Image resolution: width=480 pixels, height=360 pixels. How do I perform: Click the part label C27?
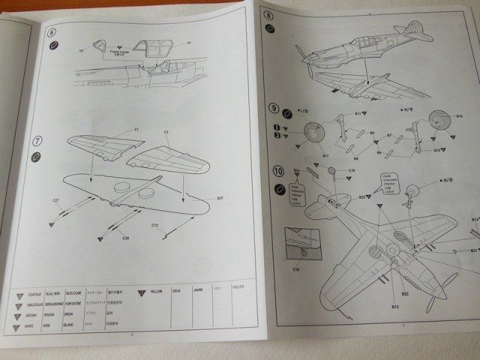click(56, 200)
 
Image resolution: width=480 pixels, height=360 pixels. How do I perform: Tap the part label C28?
click(125, 237)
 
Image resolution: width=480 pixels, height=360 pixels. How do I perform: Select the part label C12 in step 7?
click(154, 224)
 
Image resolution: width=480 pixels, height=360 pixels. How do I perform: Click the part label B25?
click(220, 198)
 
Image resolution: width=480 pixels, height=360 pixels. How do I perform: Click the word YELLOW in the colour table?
click(157, 289)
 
